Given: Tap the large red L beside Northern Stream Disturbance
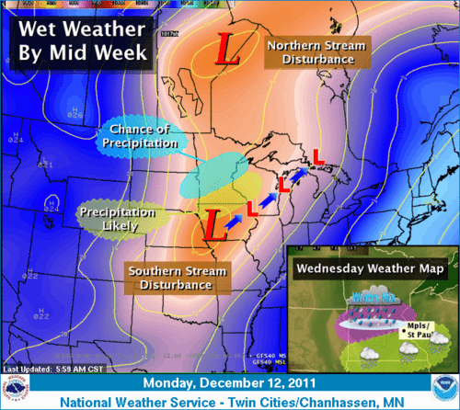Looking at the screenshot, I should tap(224, 50).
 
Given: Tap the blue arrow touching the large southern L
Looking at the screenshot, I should tap(234, 219).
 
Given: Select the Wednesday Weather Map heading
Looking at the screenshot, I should tap(372, 269).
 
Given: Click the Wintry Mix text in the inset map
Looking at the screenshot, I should tap(366, 297).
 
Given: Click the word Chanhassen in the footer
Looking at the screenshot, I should tap(343, 401).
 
